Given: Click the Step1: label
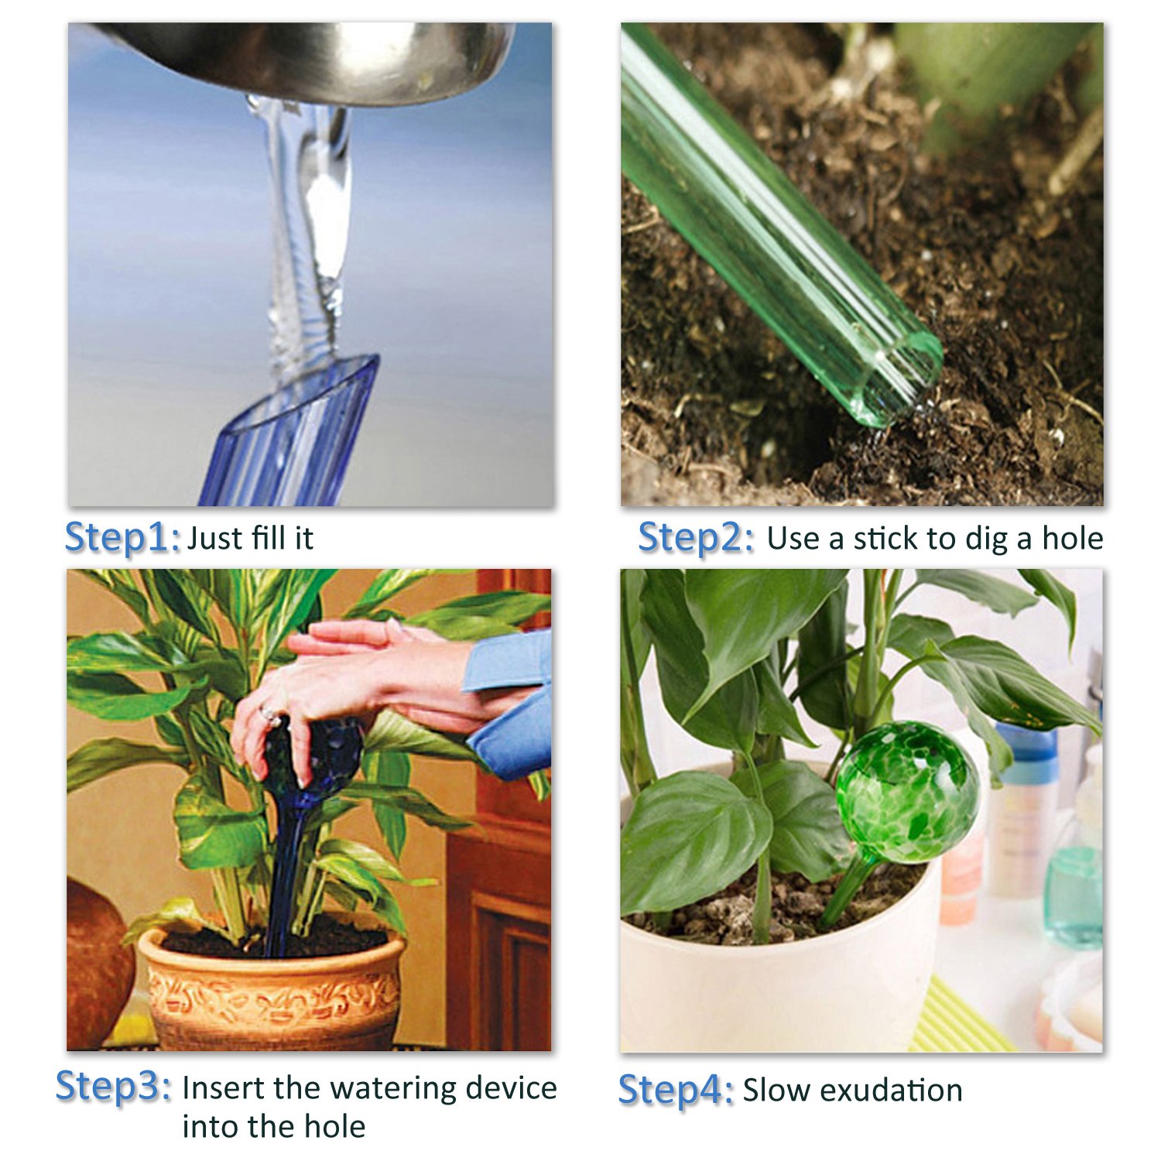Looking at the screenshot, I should pyautogui.click(x=122, y=536).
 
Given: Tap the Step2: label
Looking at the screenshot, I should pyautogui.click(x=695, y=536).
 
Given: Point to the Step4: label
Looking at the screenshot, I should pyautogui.click(x=675, y=1090).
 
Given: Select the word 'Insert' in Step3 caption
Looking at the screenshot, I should pyautogui.click(x=224, y=1087).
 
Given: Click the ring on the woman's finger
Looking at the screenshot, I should pyautogui.click(x=269, y=714).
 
